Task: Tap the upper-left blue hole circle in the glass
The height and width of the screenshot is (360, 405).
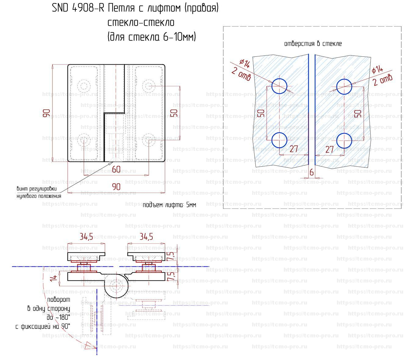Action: (279, 86)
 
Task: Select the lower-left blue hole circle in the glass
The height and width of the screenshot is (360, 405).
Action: (279, 140)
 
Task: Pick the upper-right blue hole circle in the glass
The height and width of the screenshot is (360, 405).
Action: (344, 87)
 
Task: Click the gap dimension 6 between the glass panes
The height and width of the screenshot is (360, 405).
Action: (312, 173)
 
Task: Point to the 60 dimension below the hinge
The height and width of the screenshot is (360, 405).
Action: (116, 169)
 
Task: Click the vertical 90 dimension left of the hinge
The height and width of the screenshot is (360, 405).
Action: (46, 113)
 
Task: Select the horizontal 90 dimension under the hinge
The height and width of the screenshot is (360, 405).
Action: (116, 187)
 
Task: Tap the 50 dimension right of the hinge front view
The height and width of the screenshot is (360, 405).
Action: (174, 113)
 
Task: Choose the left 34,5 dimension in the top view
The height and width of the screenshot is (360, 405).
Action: (86, 237)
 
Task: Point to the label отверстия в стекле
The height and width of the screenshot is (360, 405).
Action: (313, 44)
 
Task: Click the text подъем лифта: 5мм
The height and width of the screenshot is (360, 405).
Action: (169, 205)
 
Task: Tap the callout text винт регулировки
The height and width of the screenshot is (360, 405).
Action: (37, 189)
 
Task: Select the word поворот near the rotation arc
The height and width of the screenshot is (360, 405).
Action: (59, 300)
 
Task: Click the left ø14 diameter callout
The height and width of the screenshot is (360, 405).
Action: (245, 64)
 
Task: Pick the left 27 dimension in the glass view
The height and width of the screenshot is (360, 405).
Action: (294, 149)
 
